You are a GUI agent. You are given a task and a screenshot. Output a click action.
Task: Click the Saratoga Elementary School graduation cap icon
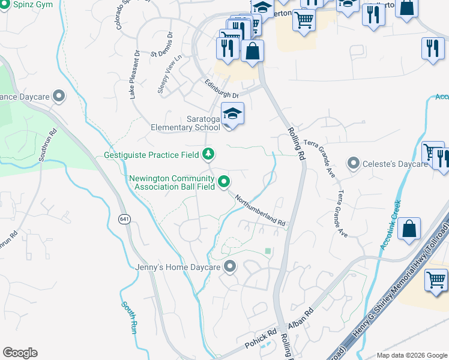click(x=232, y=113)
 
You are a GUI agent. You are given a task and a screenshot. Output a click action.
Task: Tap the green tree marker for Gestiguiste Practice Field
click(x=208, y=154)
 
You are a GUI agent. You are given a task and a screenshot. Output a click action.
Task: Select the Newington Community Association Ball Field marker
click(x=224, y=180)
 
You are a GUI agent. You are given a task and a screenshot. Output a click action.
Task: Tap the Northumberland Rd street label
click(x=259, y=211)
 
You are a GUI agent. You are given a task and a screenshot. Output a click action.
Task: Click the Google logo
click(x=20, y=353)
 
